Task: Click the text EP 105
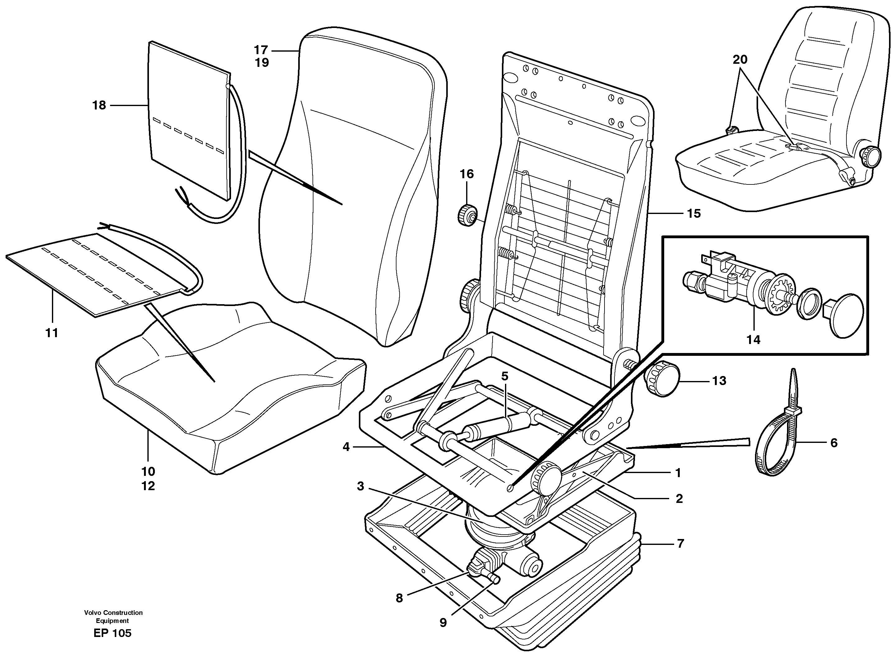pos(112,633)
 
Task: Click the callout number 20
pos(740,60)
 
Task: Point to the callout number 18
pos(99,105)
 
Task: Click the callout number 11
pos(52,333)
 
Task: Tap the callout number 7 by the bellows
pos(680,543)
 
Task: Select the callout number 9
pos(443,623)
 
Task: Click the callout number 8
pos(399,598)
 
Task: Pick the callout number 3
pos(360,486)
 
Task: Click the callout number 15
pos(694,214)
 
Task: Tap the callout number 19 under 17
pos(262,63)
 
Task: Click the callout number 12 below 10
pos(148,486)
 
